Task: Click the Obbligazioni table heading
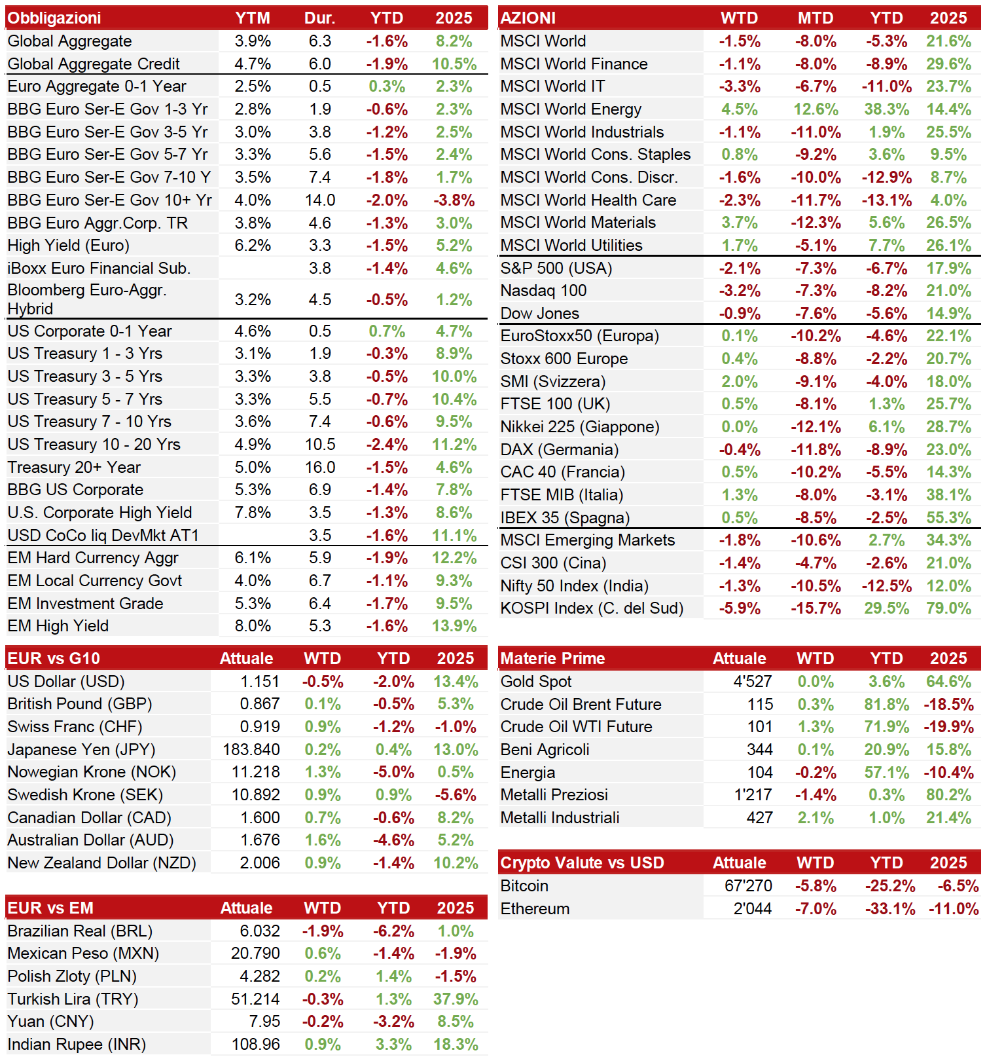pyautogui.click(x=54, y=18)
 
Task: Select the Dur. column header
pyautogui.click(x=319, y=18)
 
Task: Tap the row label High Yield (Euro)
pyautogui.click(x=69, y=246)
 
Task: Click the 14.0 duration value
pyautogui.click(x=320, y=200)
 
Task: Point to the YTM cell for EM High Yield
pyautogui.click(x=253, y=626)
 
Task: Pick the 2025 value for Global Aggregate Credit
pyautogui.click(x=454, y=64)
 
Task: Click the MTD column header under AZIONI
pyautogui.click(x=816, y=18)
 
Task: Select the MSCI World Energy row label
pyautogui.click(x=571, y=109)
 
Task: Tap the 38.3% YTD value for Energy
pyautogui.click(x=887, y=109)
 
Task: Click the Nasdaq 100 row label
pyautogui.click(x=543, y=291)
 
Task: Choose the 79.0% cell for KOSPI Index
pyautogui.click(x=949, y=608)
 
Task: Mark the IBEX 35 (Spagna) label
pyautogui.click(x=565, y=518)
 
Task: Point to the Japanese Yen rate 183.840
pyautogui.click(x=251, y=749)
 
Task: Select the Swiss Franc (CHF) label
pyautogui.click(x=75, y=727)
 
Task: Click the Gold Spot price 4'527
pyautogui.click(x=753, y=682)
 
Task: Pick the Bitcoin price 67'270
pyautogui.click(x=748, y=886)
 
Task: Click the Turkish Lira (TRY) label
pyautogui.click(x=73, y=999)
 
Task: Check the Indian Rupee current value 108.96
pyautogui.click(x=255, y=1045)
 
